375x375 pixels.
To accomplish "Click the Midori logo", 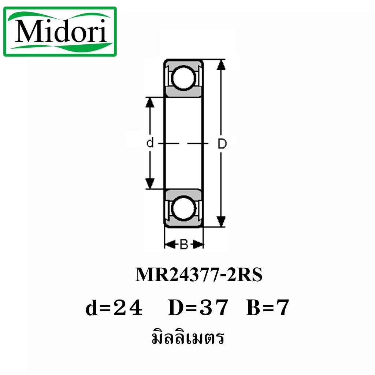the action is point(60,31).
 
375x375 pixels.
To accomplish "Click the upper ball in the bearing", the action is point(183,78).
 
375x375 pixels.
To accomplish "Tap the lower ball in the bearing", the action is point(183,208).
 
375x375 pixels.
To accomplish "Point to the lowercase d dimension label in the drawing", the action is point(150,143).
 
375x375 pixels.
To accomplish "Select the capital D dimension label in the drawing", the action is point(222,144).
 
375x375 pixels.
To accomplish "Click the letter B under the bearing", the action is point(184,244).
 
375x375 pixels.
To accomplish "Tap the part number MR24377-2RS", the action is point(199,275).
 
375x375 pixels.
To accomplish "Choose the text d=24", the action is point(114,308).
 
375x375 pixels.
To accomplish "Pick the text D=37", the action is point(198,308).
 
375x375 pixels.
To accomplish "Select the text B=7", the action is point(268,308).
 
